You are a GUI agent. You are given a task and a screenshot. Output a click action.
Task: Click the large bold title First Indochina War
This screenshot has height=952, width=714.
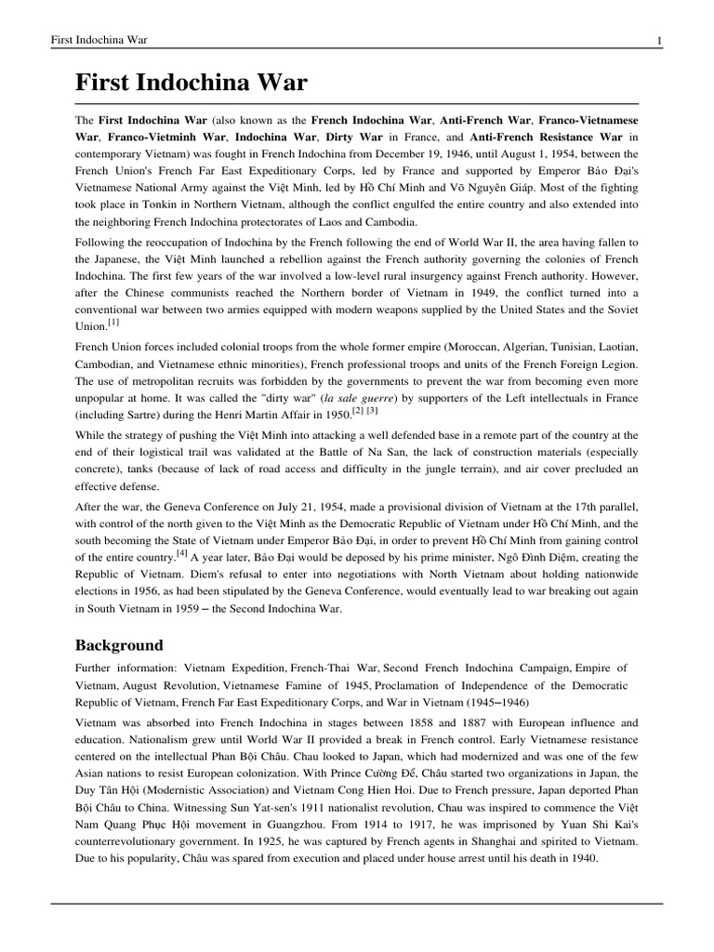point(191,83)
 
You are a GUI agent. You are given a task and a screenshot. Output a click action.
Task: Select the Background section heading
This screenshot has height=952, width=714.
point(119,644)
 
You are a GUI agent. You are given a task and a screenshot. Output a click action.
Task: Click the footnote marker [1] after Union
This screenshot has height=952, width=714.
point(113,323)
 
